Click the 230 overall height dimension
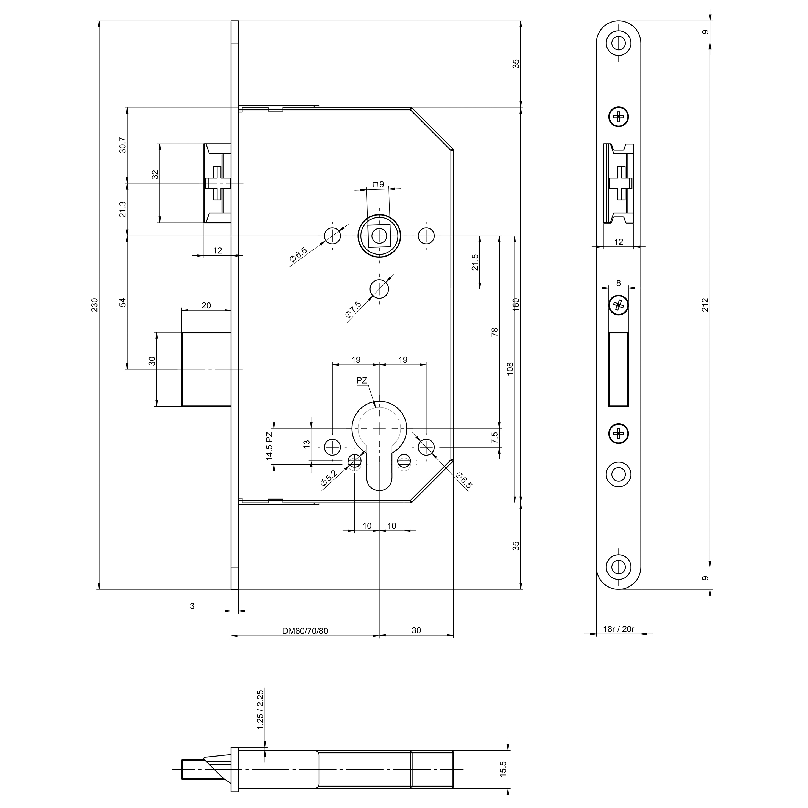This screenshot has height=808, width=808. point(95,305)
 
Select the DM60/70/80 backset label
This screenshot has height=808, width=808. point(305,631)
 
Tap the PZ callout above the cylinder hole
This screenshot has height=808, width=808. point(362,380)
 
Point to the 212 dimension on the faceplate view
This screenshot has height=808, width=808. point(705,305)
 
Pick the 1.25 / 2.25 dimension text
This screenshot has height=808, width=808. point(260,710)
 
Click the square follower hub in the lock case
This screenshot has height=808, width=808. point(379,236)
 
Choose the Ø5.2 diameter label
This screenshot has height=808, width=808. point(329,478)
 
